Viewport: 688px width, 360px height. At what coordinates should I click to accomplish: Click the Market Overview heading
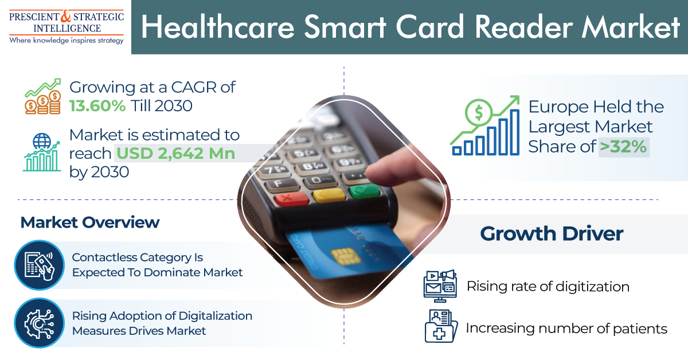90,222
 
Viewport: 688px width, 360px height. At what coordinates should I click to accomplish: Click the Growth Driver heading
552,234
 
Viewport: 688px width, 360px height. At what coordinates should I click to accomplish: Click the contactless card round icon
40,265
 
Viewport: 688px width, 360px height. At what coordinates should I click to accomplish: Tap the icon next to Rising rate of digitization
440,285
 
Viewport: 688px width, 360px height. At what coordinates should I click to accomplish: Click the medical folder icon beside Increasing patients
440,326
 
